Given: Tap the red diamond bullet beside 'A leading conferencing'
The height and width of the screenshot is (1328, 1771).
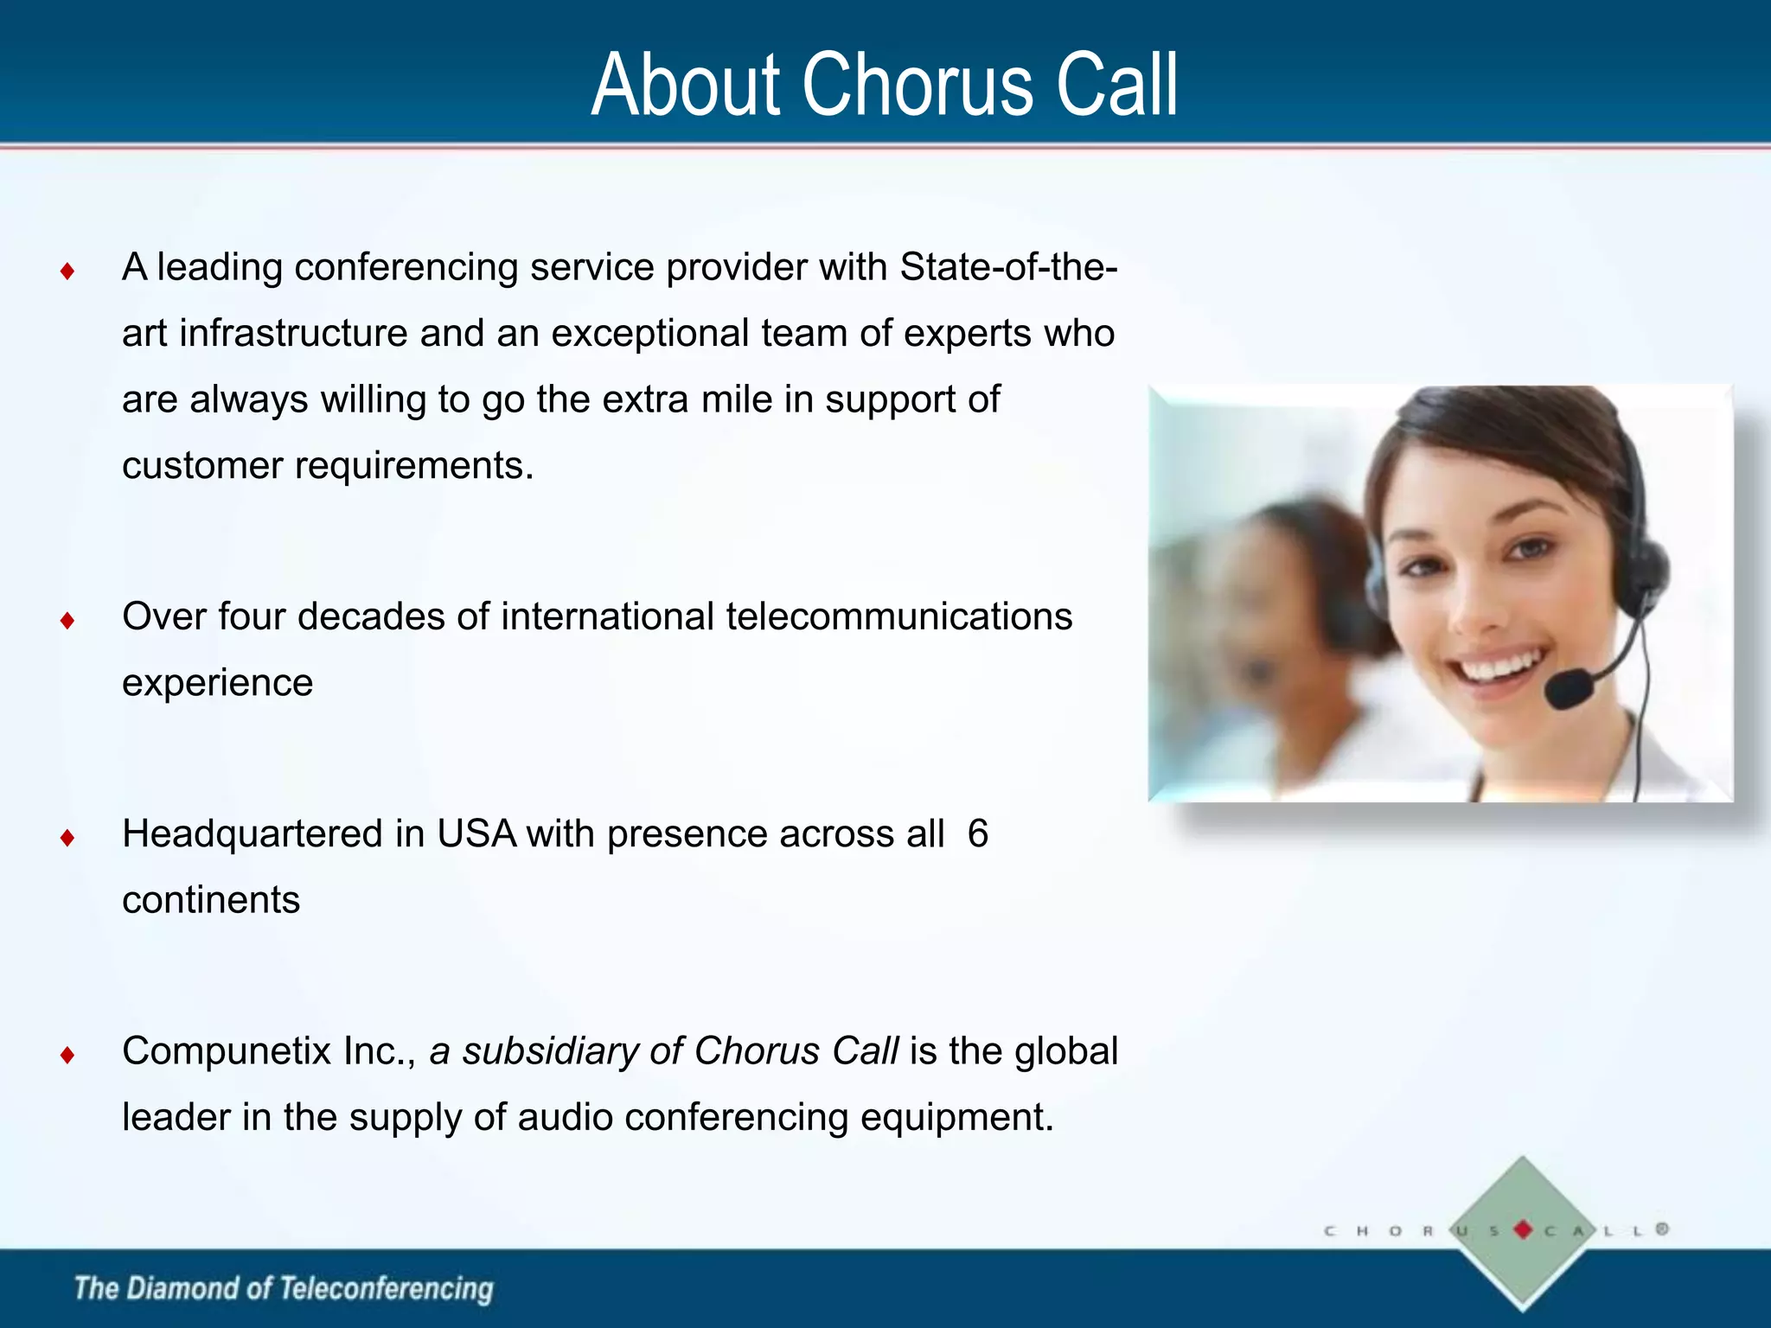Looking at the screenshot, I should pos(67,272).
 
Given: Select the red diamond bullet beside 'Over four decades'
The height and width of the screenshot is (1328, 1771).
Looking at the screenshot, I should pos(67,621).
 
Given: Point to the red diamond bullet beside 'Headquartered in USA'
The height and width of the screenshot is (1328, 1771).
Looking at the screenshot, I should pos(67,838).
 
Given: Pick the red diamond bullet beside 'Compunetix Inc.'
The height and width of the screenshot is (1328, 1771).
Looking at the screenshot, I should pos(67,1055).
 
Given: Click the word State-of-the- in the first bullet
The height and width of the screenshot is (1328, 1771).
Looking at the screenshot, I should pos(1008,267).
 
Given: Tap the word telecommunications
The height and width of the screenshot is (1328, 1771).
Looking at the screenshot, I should pos(898,617).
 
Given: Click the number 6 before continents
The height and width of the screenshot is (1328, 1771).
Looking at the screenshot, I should pos(978,834).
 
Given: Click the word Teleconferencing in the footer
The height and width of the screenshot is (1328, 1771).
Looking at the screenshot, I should pos(387,1289).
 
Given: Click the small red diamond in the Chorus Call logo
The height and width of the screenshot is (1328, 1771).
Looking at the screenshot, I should pos(1524,1229).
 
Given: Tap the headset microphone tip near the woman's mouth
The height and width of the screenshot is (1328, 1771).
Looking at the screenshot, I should pos(1569,690).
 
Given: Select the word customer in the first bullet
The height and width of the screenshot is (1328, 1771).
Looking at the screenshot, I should pos(202,467).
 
